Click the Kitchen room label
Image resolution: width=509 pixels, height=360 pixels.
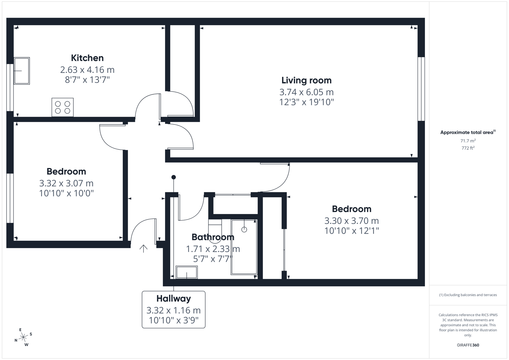click(x=87, y=58)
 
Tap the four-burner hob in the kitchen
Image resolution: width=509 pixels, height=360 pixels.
click(x=63, y=107)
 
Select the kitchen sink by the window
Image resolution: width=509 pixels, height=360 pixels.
click(x=22, y=71)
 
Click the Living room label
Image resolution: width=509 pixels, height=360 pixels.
click(x=306, y=80)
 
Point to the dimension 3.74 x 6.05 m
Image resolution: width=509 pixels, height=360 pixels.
click(x=306, y=92)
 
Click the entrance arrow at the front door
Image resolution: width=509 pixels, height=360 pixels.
click(x=143, y=248)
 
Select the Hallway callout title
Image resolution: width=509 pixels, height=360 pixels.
click(x=173, y=298)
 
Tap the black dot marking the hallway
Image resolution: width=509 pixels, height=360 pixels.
click(x=173, y=177)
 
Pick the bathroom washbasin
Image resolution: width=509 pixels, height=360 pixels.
click(x=187, y=272)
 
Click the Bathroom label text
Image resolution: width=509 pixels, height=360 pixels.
click(x=213, y=237)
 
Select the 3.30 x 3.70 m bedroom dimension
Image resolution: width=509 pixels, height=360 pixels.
click(x=351, y=221)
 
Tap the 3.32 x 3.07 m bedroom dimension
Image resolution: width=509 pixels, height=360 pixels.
click(x=66, y=183)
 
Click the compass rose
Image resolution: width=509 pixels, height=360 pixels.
click(x=23, y=337)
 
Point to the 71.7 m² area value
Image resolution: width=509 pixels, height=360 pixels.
click(x=468, y=141)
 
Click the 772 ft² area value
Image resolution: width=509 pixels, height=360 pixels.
click(x=468, y=148)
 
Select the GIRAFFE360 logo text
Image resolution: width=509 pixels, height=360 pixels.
click(x=468, y=345)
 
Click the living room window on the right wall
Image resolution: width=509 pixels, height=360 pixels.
click(x=421, y=89)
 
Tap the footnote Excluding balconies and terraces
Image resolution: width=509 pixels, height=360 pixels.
click(x=468, y=295)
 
